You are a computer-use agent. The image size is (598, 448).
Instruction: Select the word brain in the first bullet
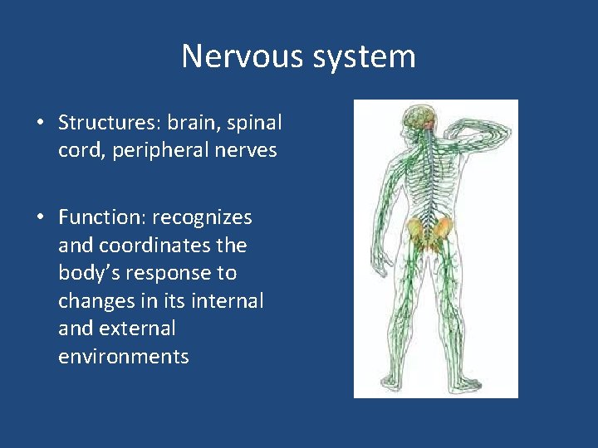tap(191, 123)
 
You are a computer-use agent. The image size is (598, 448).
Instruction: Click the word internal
tap(230, 301)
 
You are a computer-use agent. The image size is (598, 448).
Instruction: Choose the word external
tap(137, 329)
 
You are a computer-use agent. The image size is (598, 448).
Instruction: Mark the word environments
tap(124, 357)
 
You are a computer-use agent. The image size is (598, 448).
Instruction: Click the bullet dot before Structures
tap(40, 124)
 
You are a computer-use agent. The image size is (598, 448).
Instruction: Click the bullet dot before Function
tap(40, 218)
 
